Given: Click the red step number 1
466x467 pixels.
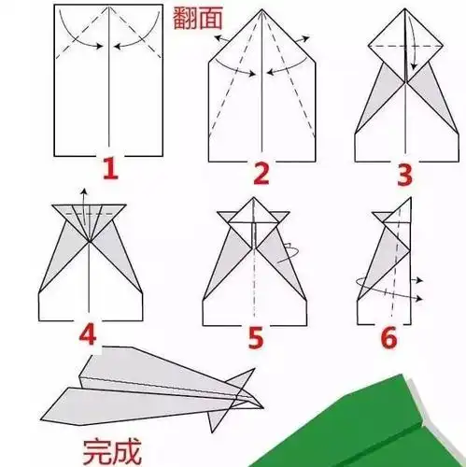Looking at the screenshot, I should pyautogui.click(x=110, y=171).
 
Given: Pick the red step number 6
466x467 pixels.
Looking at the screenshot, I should pyautogui.click(x=391, y=334).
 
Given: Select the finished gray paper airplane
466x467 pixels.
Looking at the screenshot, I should pyautogui.click(x=159, y=388).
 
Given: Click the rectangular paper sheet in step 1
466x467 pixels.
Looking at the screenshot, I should pyautogui.click(x=110, y=93).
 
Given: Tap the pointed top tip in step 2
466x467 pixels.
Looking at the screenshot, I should pyautogui.click(x=263, y=14).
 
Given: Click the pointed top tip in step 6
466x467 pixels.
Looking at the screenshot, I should pyautogui.click(x=408, y=198).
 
